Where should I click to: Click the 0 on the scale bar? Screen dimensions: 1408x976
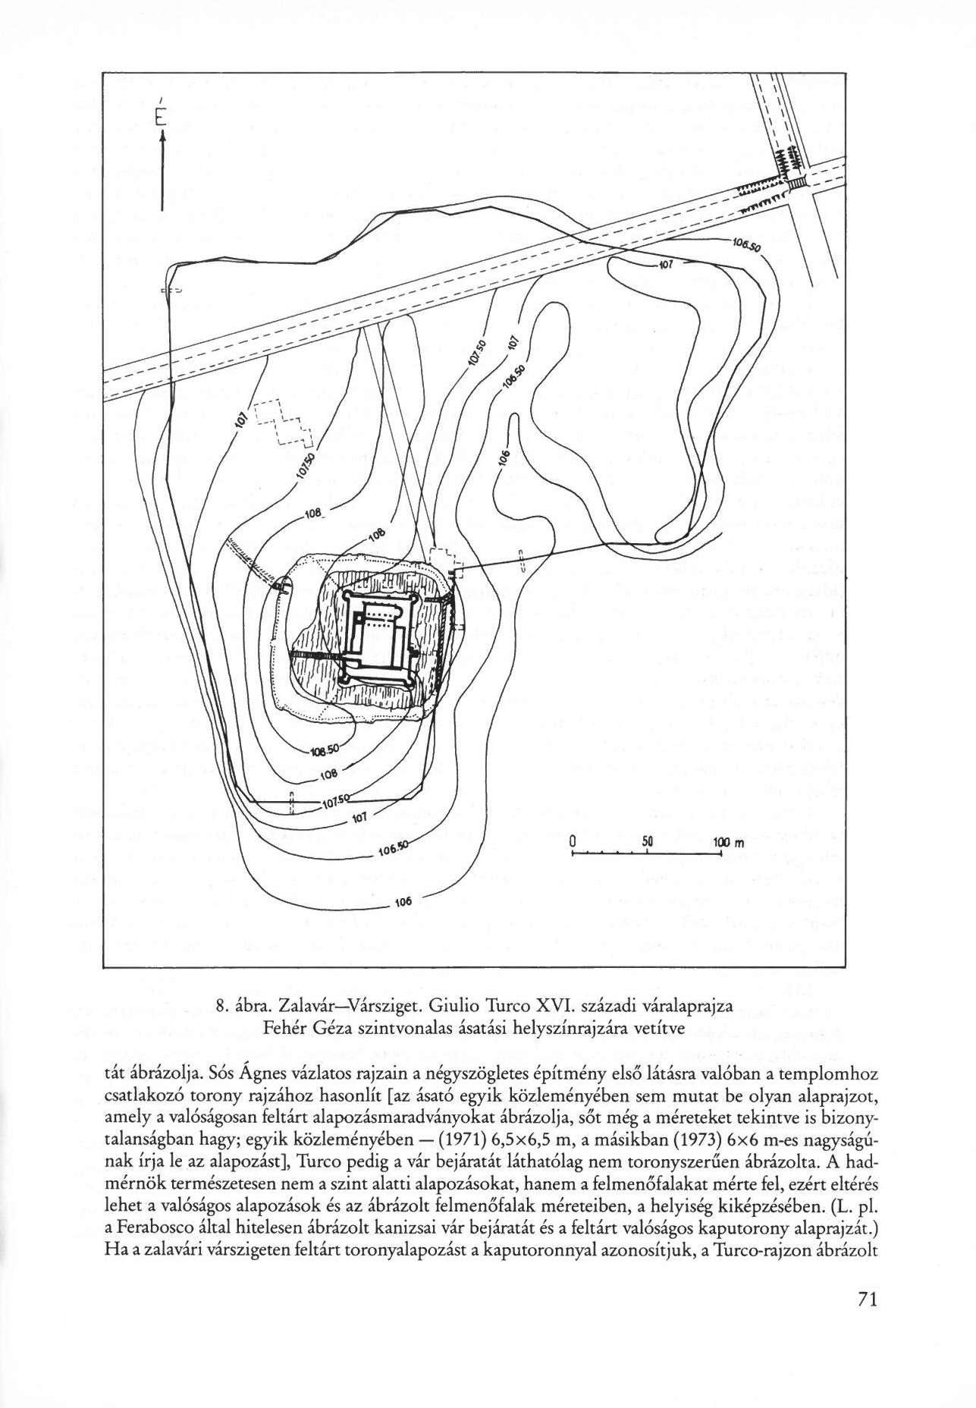click(x=573, y=843)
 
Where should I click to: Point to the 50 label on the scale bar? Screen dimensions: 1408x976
click(x=647, y=843)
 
